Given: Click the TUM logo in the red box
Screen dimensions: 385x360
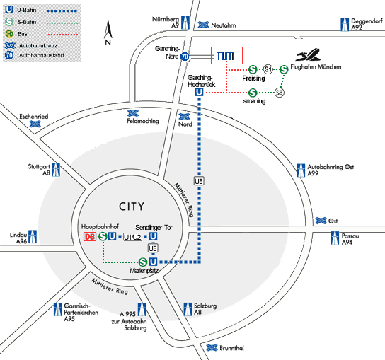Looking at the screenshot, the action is tap(225, 56).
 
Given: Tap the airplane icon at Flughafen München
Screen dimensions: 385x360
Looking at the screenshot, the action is tap(308, 54).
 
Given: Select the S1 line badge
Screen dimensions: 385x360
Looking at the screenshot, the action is tap(268, 69).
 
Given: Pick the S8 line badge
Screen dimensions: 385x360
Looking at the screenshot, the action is tap(279, 93).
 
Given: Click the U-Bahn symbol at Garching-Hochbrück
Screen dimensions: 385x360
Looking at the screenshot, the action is tap(199, 92).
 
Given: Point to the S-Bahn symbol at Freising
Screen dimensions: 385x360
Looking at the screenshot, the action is tap(253, 69).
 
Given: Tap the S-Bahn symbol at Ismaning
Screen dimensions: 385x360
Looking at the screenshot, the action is tap(253, 93).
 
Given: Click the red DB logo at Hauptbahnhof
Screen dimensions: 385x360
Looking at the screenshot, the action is tap(90, 236).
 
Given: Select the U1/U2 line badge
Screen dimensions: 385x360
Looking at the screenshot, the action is tap(132, 237).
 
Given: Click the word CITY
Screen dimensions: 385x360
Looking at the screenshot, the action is tap(132, 207).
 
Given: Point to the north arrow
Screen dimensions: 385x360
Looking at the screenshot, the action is tap(108, 32).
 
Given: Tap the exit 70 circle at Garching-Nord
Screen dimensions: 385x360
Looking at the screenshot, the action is tap(185, 57).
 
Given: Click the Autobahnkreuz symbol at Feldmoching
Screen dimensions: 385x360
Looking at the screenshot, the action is tap(133, 113).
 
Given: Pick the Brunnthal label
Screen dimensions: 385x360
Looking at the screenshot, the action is tap(231, 348).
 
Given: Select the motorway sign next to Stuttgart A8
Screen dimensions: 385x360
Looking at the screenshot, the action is tap(56, 170).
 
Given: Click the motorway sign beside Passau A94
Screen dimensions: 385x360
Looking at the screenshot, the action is tap(335, 238).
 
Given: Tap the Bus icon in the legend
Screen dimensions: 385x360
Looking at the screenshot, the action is tap(9, 34).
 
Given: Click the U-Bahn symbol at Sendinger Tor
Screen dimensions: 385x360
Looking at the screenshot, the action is tap(153, 236).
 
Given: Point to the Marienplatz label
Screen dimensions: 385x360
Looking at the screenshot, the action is tap(144, 271).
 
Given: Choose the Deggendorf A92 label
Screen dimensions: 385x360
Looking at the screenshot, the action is tap(367, 24).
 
